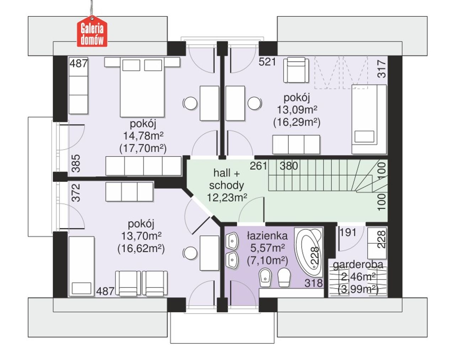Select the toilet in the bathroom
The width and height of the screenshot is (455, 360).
284,277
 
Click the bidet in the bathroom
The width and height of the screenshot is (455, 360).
265,277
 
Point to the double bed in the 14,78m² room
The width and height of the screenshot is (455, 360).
142,87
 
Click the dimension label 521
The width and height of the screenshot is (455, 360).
267,62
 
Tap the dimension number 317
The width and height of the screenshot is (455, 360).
382,69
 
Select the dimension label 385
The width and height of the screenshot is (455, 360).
76,163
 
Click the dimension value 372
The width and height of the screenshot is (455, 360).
76,192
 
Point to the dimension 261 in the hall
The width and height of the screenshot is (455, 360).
258,166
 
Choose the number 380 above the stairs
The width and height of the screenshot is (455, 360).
289,166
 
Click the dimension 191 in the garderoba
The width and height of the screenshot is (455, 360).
348,233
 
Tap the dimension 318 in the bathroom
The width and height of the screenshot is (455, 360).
314,283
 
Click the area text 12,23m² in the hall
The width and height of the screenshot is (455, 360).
227,198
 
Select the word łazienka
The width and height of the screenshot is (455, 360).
267,236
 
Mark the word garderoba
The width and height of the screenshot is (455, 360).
358,265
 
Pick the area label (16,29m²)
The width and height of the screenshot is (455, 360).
297,122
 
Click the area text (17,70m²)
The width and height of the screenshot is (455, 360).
143,148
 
